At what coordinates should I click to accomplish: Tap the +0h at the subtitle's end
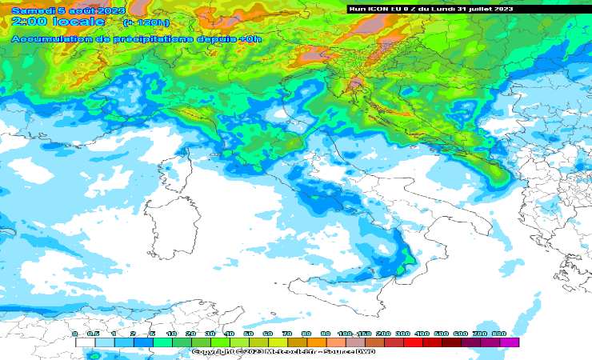[x=250, y=37]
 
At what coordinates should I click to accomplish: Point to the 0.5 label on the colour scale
[x=94, y=334]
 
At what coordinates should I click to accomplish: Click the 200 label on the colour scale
[x=383, y=334]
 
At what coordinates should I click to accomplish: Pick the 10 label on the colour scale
[x=171, y=334]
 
